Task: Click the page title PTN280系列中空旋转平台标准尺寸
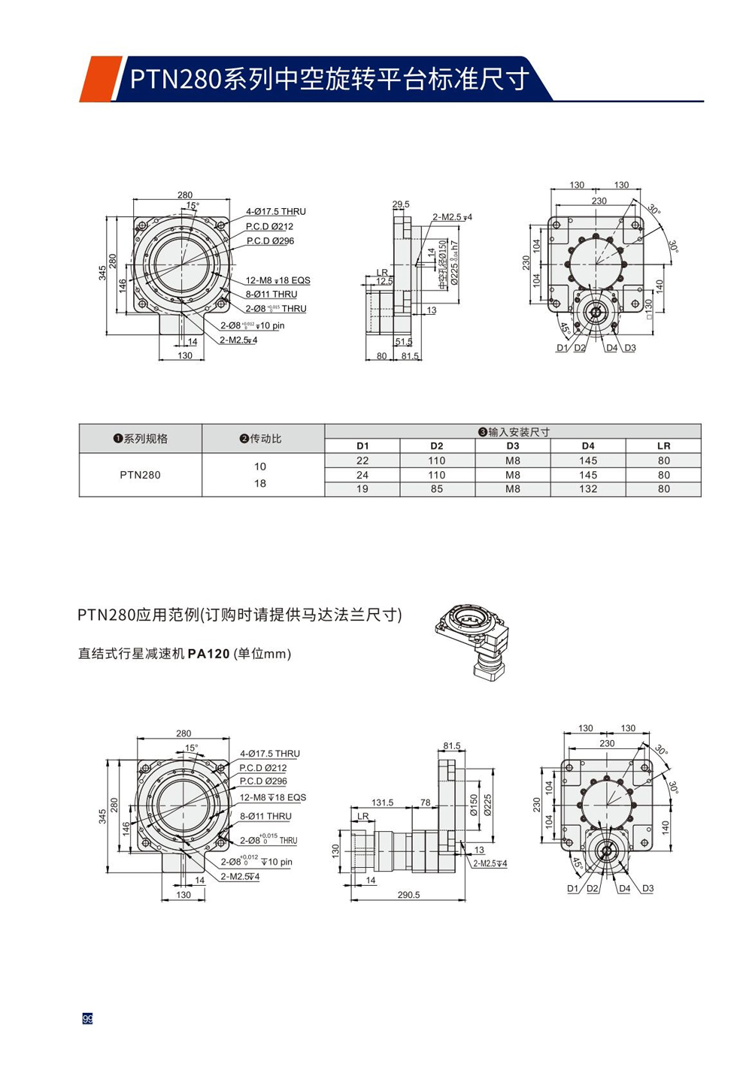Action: [x=329, y=79]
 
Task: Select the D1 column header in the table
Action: [x=362, y=446]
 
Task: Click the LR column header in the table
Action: [x=663, y=446]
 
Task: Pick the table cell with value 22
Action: [x=362, y=461]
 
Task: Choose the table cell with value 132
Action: [x=588, y=489]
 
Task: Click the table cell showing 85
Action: [x=437, y=489]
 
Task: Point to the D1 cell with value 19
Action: [x=362, y=489]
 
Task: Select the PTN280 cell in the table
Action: [x=141, y=475]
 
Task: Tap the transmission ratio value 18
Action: [x=260, y=483]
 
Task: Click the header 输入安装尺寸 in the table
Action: [x=514, y=432]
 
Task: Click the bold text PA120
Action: [x=208, y=654]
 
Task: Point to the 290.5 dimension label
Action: [x=408, y=895]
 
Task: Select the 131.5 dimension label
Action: [x=382, y=802]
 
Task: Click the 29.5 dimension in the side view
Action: [x=401, y=204]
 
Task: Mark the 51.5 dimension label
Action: [x=404, y=342]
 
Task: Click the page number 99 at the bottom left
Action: [x=87, y=1019]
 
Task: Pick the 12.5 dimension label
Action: [x=384, y=282]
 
